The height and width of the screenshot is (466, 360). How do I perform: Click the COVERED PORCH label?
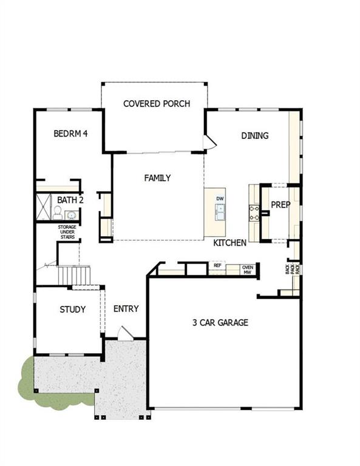click(x=156, y=104)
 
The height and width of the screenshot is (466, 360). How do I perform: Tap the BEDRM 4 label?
click(x=70, y=133)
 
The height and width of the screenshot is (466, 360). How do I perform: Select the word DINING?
click(x=254, y=136)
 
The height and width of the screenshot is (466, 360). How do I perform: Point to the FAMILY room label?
click(x=157, y=178)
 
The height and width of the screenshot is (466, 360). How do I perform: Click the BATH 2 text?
click(x=70, y=200)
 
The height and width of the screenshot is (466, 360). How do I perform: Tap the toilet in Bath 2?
click(x=58, y=212)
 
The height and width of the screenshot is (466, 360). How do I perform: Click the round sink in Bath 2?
click(x=71, y=215)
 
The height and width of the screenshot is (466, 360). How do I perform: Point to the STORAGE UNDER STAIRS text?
click(x=67, y=232)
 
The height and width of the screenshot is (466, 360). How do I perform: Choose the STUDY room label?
click(x=72, y=309)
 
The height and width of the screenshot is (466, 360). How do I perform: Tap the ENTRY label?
click(x=126, y=309)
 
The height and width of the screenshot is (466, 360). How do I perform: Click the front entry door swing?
click(x=124, y=333)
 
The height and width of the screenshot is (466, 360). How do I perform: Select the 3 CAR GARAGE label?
click(x=220, y=323)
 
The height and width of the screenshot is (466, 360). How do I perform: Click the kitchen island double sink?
click(x=220, y=212)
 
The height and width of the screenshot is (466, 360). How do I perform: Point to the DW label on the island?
click(x=220, y=198)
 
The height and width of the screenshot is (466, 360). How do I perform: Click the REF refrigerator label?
click(x=217, y=266)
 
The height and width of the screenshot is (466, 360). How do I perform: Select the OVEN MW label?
click(x=247, y=269)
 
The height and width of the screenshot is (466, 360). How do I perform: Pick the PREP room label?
click(x=280, y=205)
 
